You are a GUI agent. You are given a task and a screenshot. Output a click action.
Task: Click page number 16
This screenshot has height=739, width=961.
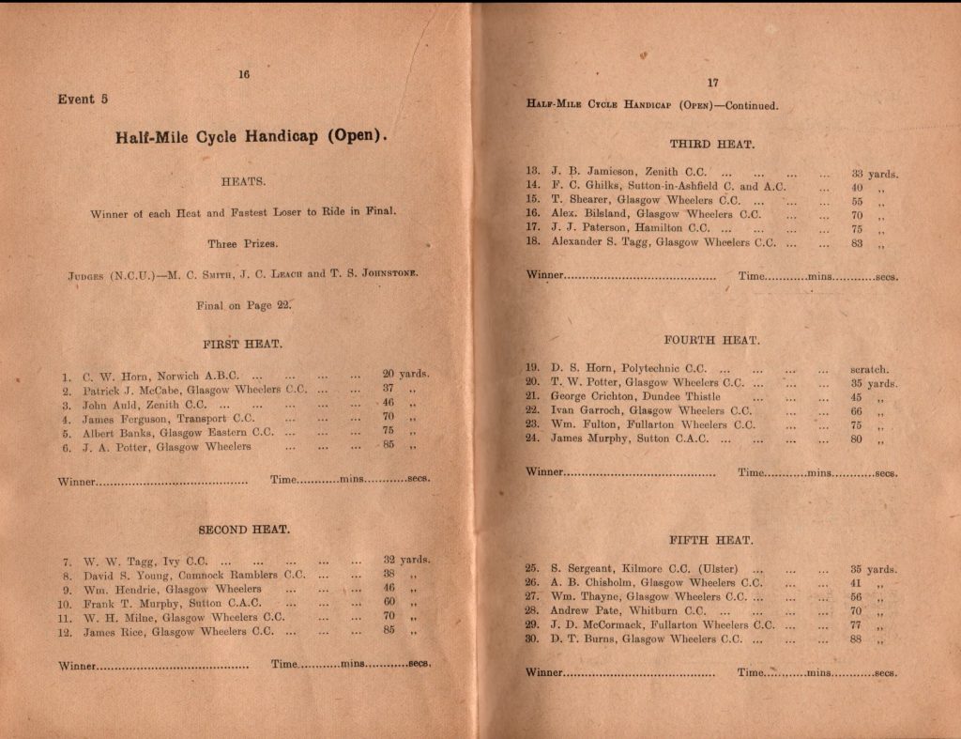coord(244,75)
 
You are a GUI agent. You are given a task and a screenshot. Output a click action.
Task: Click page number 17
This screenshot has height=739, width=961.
coord(712,83)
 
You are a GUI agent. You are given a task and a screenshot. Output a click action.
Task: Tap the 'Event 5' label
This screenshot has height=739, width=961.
coord(84,100)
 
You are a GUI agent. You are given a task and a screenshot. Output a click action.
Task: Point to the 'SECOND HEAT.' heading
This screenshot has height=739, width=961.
coord(244,530)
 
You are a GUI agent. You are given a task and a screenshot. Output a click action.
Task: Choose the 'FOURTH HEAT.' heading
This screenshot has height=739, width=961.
coord(712,340)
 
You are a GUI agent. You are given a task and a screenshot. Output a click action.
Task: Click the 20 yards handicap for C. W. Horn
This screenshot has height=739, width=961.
coord(389,374)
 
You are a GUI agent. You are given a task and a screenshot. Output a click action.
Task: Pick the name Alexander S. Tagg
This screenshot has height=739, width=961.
coord(600,242)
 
